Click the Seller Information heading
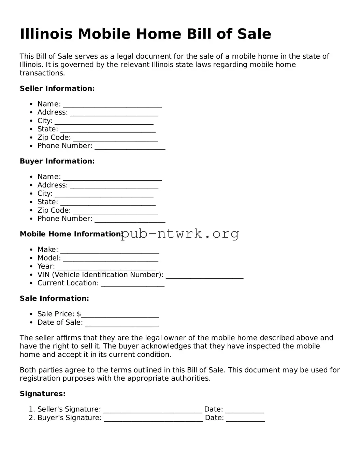click(x=57, y=88)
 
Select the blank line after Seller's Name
click(x=112, y=104)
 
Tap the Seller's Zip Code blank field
click(x=115, y=138)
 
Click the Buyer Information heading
click(x=57, y=161)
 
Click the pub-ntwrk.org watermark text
click(x=180, y=234)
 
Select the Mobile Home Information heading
click(x=70, y=234)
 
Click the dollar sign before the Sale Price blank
click(x=79, y=314)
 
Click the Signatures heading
click(x=42, y=394)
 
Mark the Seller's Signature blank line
click(x=152, y=410)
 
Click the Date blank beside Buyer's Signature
click(x=245, y=418)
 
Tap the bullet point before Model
click(x=31, y=258)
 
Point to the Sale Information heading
click(x=54, y=298)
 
